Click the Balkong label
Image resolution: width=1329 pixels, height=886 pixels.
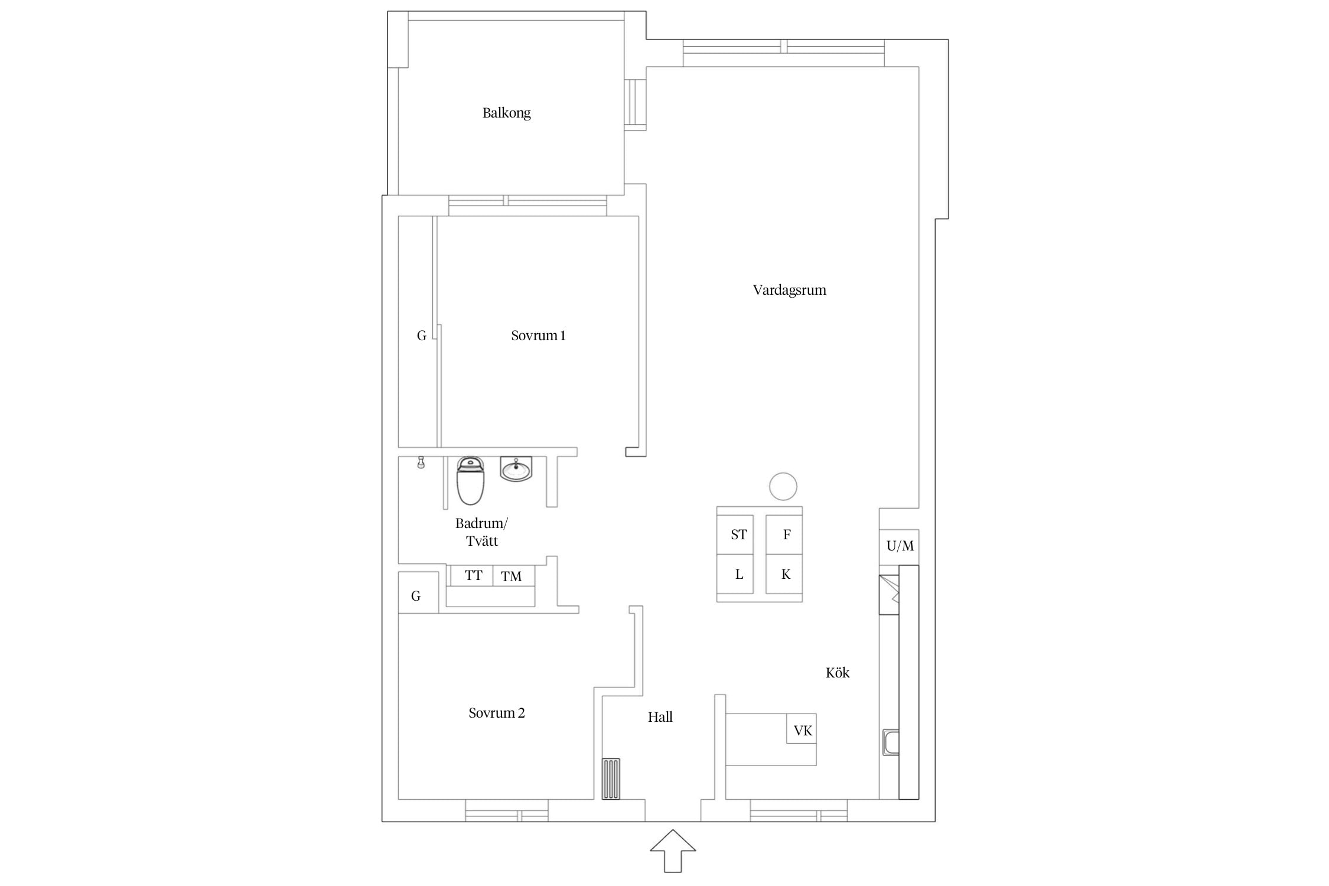(506, 113)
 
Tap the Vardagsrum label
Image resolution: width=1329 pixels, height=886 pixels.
(789, 290)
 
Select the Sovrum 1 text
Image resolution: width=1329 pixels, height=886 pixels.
(538, 335)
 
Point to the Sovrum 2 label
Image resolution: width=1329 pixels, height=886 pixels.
(496, 713)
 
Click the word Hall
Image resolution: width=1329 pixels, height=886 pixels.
(660, 717)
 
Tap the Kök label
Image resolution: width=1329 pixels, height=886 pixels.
(838, 672)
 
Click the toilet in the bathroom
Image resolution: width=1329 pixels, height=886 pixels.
(470, 481)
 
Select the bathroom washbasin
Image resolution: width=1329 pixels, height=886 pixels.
(516, 469)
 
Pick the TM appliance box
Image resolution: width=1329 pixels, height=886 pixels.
(513, 576)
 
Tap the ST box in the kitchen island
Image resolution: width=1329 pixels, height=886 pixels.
(735, 535)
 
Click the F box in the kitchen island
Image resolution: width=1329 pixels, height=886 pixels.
(784, 535)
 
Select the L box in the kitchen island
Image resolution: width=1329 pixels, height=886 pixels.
(735, 574)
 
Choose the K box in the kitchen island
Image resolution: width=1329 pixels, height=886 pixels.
(784, 574)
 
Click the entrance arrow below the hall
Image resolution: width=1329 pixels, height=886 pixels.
(673, 851)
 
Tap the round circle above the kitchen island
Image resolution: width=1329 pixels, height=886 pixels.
(783, 487)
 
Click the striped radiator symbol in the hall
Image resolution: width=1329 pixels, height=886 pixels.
(611, 778)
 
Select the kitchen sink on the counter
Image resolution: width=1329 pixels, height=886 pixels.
(891, 742)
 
